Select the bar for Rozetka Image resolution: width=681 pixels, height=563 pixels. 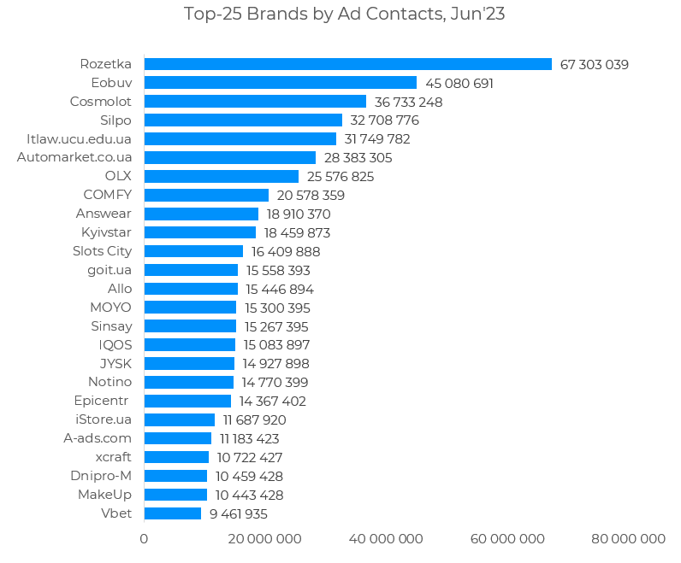click(x=347, y=64)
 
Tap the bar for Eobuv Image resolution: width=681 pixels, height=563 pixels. click(x=280, y=83)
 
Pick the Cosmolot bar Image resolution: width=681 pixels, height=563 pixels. click(x=255, y=102)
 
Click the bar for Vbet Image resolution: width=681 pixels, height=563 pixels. click(x=172, y=513)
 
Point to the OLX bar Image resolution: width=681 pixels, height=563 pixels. click(x=221, y=176)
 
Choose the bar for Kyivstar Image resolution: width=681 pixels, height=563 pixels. click(x=199, y=232)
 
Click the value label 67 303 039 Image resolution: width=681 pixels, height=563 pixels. click(x=594, y=65)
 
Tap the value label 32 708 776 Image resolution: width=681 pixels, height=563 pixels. click(x=384, y=120)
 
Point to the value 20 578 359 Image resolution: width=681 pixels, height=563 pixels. click(x=311, y=196)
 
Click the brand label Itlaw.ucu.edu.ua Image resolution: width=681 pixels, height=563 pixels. click(x=80, y=138)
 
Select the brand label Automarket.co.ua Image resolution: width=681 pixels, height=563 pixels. click(x=74, y=157)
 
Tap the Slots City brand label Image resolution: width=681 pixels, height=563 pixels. click(x=103, y=251)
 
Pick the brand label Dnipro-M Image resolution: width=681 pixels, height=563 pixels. click(x=101, y=476)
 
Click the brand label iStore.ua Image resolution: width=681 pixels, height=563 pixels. click(x=104, y=419)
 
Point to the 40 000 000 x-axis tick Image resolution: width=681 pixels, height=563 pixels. click(x=387, y=539)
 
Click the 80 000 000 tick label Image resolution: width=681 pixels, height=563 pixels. click(x=629, y=539)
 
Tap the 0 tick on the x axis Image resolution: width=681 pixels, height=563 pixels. click(x=144, y=539)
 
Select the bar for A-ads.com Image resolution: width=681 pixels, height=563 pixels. click(x=177, y=438)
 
